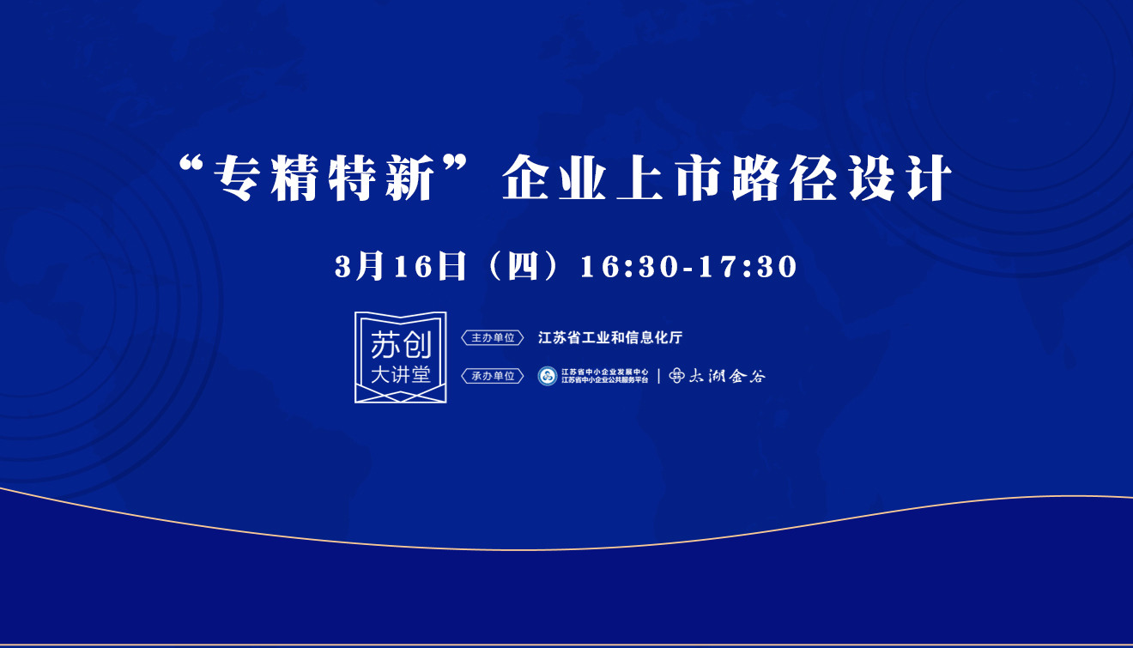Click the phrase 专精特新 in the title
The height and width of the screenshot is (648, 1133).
click(x=324, y=178)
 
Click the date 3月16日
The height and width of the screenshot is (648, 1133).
click(x=400, y=267)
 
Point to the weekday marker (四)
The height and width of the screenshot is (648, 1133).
click(x=523, y=267)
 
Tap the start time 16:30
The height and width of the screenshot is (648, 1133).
click(x=628, y=267)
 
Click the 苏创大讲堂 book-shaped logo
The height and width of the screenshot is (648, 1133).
click(x=401, y=357)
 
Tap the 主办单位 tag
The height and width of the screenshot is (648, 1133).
click(x=493, y=337)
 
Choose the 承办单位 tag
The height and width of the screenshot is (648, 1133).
click(x=493, y=376)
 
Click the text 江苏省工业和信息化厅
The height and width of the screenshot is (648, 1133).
click(x=610, y=337)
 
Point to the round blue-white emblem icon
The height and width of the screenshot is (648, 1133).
click(x=548, y=376)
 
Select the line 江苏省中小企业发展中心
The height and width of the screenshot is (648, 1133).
click(x=604, y=372)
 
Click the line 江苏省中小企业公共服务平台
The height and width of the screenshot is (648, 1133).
click(x=604, y=380)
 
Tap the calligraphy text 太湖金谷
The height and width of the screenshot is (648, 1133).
click(x=727, y=376)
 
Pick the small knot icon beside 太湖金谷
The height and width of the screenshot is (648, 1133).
click(x=676, y=376)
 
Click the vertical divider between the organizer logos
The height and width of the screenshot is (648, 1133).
click(x=658, y=376)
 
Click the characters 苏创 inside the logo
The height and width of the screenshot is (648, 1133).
click(x=401, y=345)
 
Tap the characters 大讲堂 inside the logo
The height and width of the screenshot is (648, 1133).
click(x=401, y=375)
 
